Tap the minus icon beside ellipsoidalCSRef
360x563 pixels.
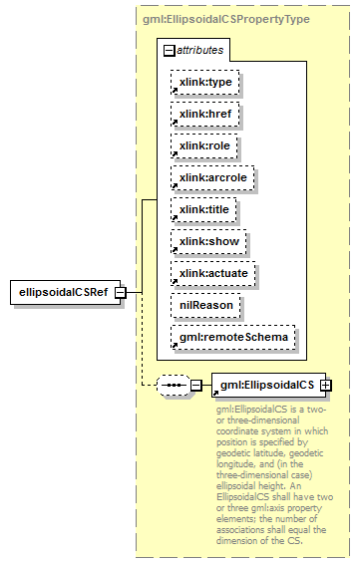coord(120,293)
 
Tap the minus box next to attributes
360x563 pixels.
coord(170,49)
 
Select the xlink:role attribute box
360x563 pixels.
coord(203,146)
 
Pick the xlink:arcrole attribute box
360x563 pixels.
coord(211,178)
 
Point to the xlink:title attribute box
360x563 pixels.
coord(203,209)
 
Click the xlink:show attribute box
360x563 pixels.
coord(207,241)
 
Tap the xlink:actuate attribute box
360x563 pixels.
coord(212,273)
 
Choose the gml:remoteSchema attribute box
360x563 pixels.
coord(232,337)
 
